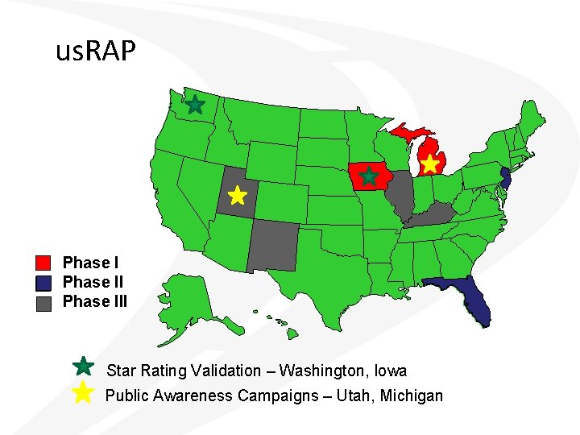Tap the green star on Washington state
pos(194,104)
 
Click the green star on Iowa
pos(369,176)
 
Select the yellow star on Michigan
pos(430,164)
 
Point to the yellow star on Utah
pos(236,196)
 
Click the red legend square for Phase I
pos(44,263)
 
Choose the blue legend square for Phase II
pos(44,283)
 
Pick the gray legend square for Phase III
pos(44,302)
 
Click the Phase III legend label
pos(95,302)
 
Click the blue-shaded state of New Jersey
pos(505,178)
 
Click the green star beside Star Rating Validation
pos(83,367)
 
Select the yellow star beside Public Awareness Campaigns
pos(83,393)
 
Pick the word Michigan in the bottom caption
pos(412,396)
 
